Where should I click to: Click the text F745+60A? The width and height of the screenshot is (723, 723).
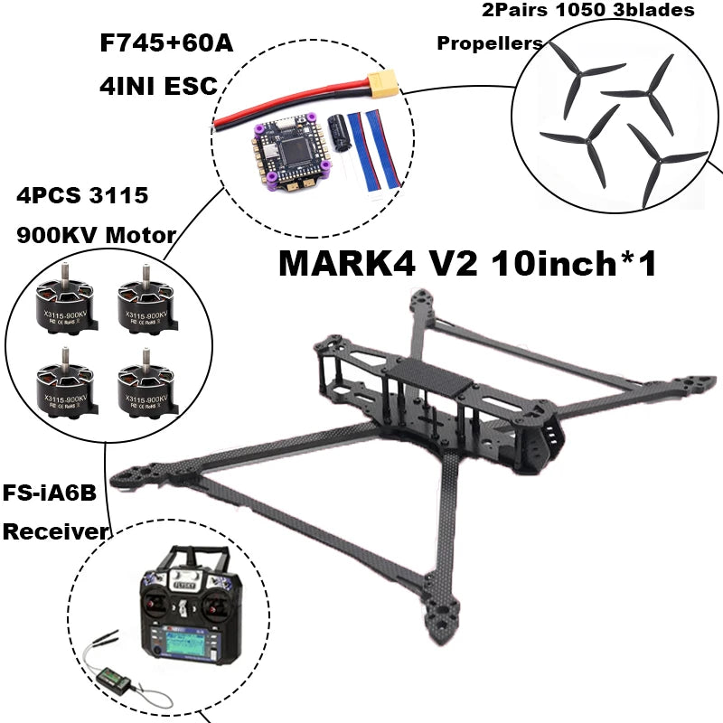[164, 42]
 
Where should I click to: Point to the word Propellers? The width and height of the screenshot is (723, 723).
[490, 43]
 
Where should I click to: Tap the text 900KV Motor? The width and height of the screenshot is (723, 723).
[97, 235]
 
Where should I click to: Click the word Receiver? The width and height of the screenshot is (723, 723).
[54, 531]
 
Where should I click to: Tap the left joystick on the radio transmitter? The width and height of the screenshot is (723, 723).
[152, 604]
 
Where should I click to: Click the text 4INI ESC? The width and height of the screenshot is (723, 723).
[157, 86]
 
